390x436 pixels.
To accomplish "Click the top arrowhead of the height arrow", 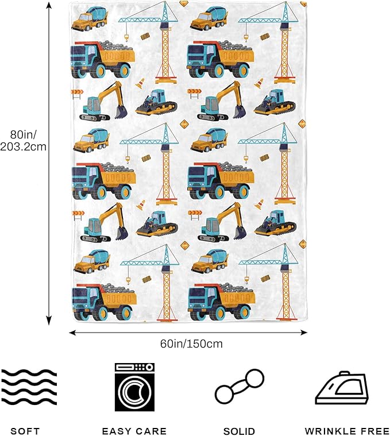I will [x=49, y=5].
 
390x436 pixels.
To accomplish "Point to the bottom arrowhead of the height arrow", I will [x=49, y=322].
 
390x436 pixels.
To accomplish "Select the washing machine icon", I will [x=134, y=387].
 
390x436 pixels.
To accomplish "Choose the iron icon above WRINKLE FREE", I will [x=341, y=390].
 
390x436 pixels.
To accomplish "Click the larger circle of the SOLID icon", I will [x=253, y=380].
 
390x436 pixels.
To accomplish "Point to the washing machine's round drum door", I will [x=134, y=392].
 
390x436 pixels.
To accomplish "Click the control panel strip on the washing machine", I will [x=134, y=367].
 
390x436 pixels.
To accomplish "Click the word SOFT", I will [x=21, y=431].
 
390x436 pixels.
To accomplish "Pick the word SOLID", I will [x=240, y=431].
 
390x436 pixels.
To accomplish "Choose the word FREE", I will [x=372, y=431].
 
